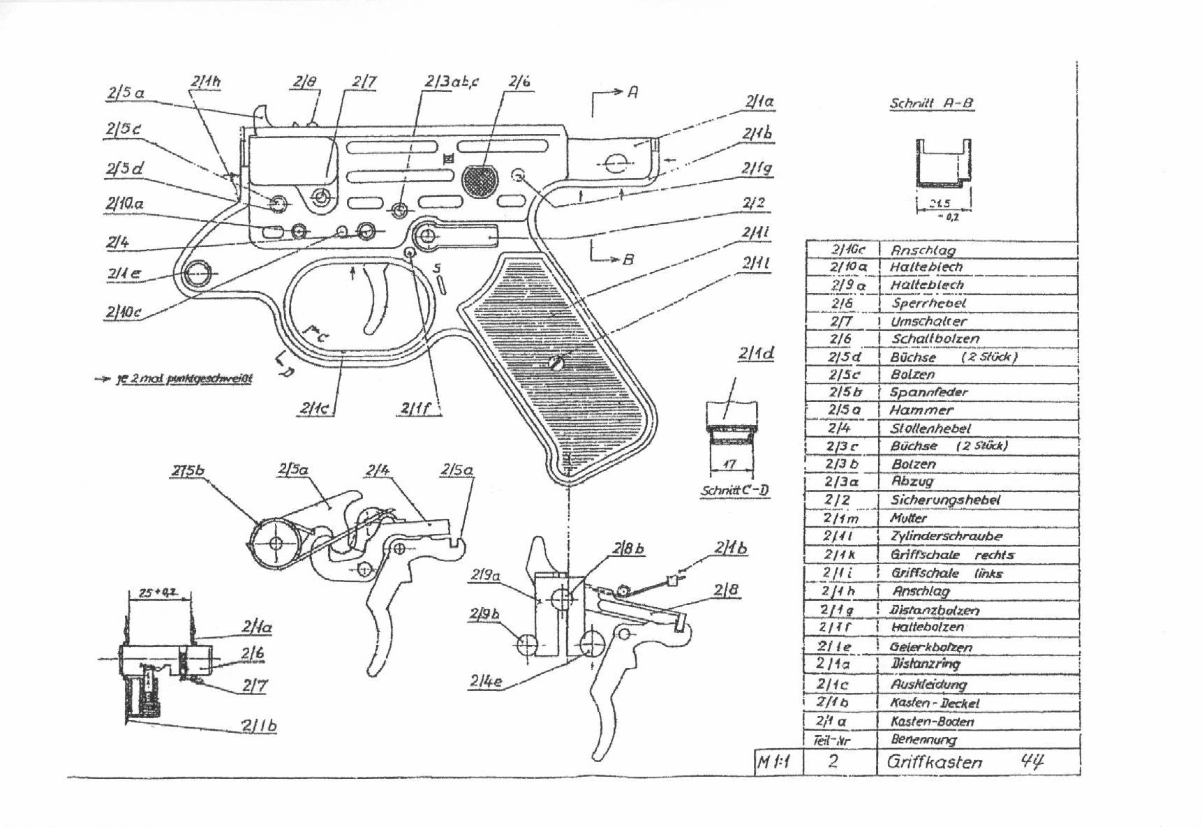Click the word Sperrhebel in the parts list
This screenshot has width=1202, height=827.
coord(928,303)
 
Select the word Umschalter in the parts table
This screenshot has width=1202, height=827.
coord(928,322)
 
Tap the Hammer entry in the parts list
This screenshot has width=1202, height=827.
coord(921,410)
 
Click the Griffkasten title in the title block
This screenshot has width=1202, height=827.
coord(934,761)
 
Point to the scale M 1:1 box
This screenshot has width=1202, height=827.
coord(773,761)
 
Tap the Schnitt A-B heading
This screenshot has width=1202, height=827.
coord(931,103)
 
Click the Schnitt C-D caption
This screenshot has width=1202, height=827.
coord(735,490)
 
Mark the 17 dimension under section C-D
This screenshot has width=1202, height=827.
coord(730,464)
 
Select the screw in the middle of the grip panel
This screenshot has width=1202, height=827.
coord(556,362)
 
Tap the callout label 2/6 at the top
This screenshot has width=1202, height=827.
coord(519,82)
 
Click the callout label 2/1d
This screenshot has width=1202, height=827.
coord(755,354)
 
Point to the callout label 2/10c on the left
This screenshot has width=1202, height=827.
coord(123,312)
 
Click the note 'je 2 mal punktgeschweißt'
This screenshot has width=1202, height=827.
coord(183,379)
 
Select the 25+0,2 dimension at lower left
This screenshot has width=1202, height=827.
coord(156,593)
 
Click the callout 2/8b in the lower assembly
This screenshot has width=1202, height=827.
coord(628,549)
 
